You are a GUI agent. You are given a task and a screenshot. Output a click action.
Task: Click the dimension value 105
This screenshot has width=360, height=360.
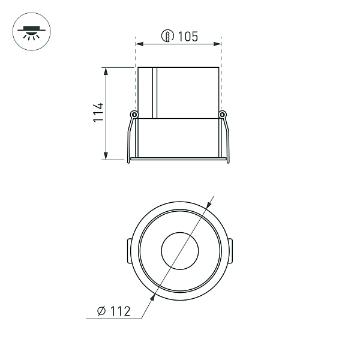pos(188,37)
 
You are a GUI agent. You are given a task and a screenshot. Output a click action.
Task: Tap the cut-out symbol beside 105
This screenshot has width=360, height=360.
pos(167,37)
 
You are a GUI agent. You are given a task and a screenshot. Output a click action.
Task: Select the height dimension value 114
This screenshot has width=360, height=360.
pos(98,113)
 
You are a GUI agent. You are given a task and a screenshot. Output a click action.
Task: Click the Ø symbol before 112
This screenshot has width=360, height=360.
pos(101,311)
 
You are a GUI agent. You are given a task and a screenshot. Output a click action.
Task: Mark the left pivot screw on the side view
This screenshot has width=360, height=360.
pos(134,115)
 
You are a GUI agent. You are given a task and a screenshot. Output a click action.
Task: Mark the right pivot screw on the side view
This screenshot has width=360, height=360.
pos(223,115)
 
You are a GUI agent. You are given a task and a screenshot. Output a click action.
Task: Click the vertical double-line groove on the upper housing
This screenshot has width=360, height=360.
pos(154,93)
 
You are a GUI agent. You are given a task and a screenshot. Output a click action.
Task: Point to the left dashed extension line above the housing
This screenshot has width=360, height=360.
pos(136,54)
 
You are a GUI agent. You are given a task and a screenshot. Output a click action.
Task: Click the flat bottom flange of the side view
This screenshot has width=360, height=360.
pos(178,160)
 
